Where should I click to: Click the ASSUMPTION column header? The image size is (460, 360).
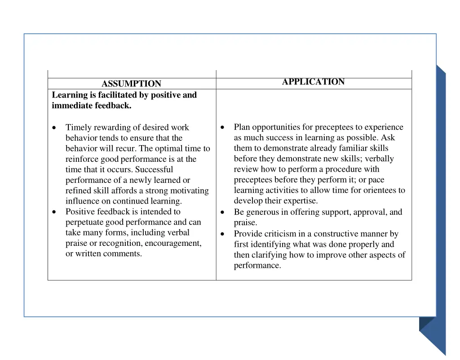[x=131, y=84]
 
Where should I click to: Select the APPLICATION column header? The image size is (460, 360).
[x=313, y=82]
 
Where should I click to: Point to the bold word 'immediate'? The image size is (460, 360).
[x=72, y=106]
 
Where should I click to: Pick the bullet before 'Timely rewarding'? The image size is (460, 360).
[x=54, y=128]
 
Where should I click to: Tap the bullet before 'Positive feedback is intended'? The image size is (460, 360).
[x=54, y=212]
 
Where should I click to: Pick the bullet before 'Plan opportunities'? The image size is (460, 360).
[x=223, y=127]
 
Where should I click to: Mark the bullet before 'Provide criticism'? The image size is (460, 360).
[x=223, y=234]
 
